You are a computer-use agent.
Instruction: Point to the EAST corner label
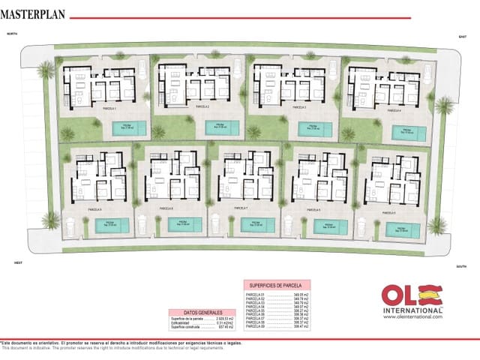[462, 36]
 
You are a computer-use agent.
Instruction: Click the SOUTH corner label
[461, 267]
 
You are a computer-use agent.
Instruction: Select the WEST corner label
[19, 262]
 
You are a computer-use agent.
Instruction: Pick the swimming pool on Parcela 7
[257, 223]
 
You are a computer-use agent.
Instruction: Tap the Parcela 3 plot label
[298, 107]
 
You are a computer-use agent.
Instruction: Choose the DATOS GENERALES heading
[191, 312]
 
